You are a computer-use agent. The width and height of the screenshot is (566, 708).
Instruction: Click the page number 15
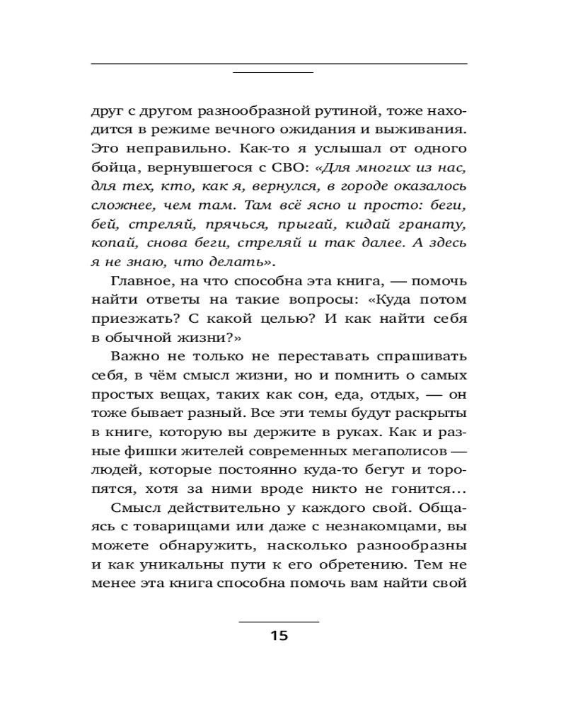pos(279,635)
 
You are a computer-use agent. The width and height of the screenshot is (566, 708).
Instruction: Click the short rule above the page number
pos(279,622)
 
